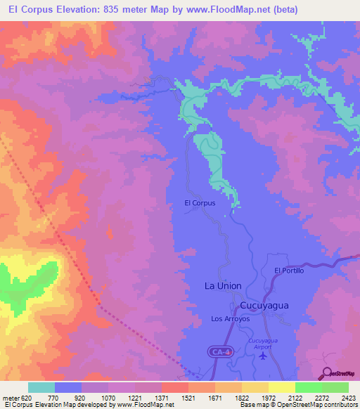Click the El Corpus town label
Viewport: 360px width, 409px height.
[199, 202]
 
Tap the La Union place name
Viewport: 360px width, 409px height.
[222, 286]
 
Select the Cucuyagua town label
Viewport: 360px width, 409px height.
[264, 306]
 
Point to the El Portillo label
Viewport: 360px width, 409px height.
[289, 271]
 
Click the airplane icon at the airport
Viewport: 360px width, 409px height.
[264, 355]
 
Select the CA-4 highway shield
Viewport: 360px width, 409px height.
[219, 351]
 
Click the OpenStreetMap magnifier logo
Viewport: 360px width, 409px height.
[326, 372]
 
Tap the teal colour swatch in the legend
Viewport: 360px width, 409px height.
[41, 387]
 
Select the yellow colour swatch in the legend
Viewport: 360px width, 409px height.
[282, 387]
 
